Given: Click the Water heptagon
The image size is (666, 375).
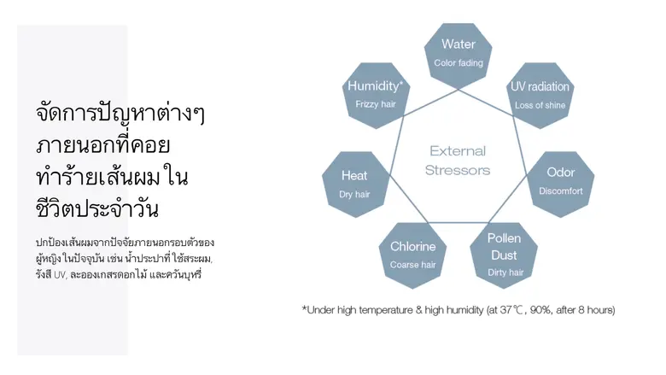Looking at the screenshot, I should click(459, 53).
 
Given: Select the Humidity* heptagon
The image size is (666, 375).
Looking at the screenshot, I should click(375, 94).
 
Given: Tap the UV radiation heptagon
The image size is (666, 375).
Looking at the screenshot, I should click(540, 95).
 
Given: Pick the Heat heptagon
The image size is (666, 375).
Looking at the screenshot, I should click(354, 184).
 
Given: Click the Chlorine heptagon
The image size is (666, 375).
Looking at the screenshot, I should click(413, 255).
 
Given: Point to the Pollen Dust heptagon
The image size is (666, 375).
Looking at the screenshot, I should click(504, 255).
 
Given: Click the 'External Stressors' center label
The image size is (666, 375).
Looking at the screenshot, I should click(458, 161).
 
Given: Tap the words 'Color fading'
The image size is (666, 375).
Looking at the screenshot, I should click(459, 63).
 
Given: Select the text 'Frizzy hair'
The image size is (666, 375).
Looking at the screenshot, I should click(376, 104).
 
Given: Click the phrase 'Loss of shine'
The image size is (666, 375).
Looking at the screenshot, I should click(540, 105).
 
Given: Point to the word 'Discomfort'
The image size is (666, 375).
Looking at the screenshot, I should click(561, 191).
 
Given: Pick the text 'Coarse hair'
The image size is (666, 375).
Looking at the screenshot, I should click(413, 265).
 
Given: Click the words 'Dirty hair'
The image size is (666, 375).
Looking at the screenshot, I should click(505, 272).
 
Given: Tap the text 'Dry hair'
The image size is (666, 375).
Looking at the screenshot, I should click(354, 195).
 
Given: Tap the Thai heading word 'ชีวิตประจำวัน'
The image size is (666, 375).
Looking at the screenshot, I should click(98, 208).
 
